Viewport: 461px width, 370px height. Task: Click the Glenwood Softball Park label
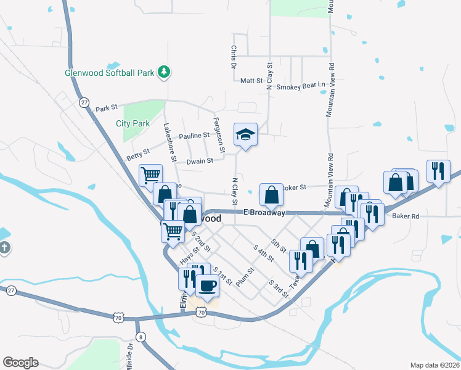[110, 73]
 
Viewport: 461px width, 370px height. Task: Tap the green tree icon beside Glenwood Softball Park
[163, 72]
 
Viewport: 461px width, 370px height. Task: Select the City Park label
[133, 123]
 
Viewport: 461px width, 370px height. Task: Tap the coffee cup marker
[206, 286]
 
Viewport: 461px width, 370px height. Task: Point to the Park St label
[107, 109]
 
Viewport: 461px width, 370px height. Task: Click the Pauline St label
[194, 136]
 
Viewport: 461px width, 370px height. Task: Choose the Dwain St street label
[200, 160]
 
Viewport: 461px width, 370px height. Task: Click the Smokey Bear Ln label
[300, 87]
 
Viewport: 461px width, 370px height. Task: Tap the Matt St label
[251, 81]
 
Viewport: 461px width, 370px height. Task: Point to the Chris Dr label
[234, 56]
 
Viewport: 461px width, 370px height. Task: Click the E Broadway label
[264, 213]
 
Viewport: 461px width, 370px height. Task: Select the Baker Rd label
[406, 216]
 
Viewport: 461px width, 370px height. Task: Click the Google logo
[20, 363]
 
